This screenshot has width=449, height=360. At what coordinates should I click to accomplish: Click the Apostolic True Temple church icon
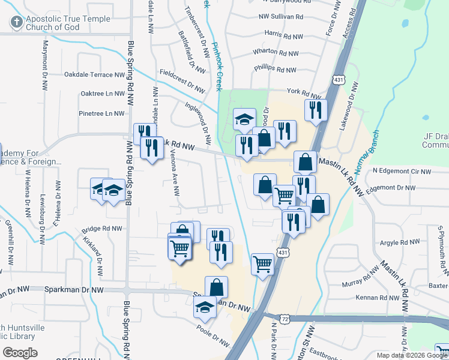pyautogui.click(x=17, y=23)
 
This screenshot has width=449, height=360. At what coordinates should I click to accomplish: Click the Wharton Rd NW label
pyautogui.click(x=276, y=52)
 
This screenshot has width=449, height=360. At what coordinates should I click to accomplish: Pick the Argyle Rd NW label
pyautogui.click(x=400, y=242)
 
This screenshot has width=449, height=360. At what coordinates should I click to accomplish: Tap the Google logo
pyautogui.click(x=20, y=353)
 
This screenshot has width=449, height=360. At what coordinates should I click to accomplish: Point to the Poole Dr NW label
pyautogui.click(x=213, y=335)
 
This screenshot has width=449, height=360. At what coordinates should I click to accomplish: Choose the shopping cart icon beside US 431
pyautogui.click(x=263, y=263)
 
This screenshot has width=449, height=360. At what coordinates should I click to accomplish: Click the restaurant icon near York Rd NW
pyautogui.click(x=315, y=110)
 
